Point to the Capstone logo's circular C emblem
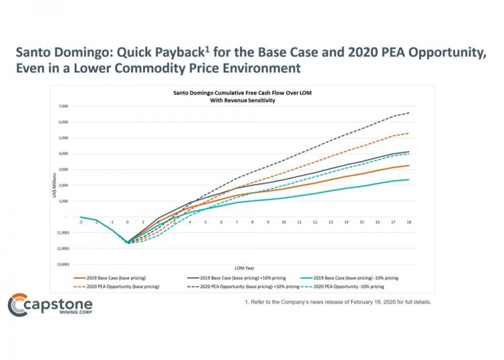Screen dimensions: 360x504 click(17, 306)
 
